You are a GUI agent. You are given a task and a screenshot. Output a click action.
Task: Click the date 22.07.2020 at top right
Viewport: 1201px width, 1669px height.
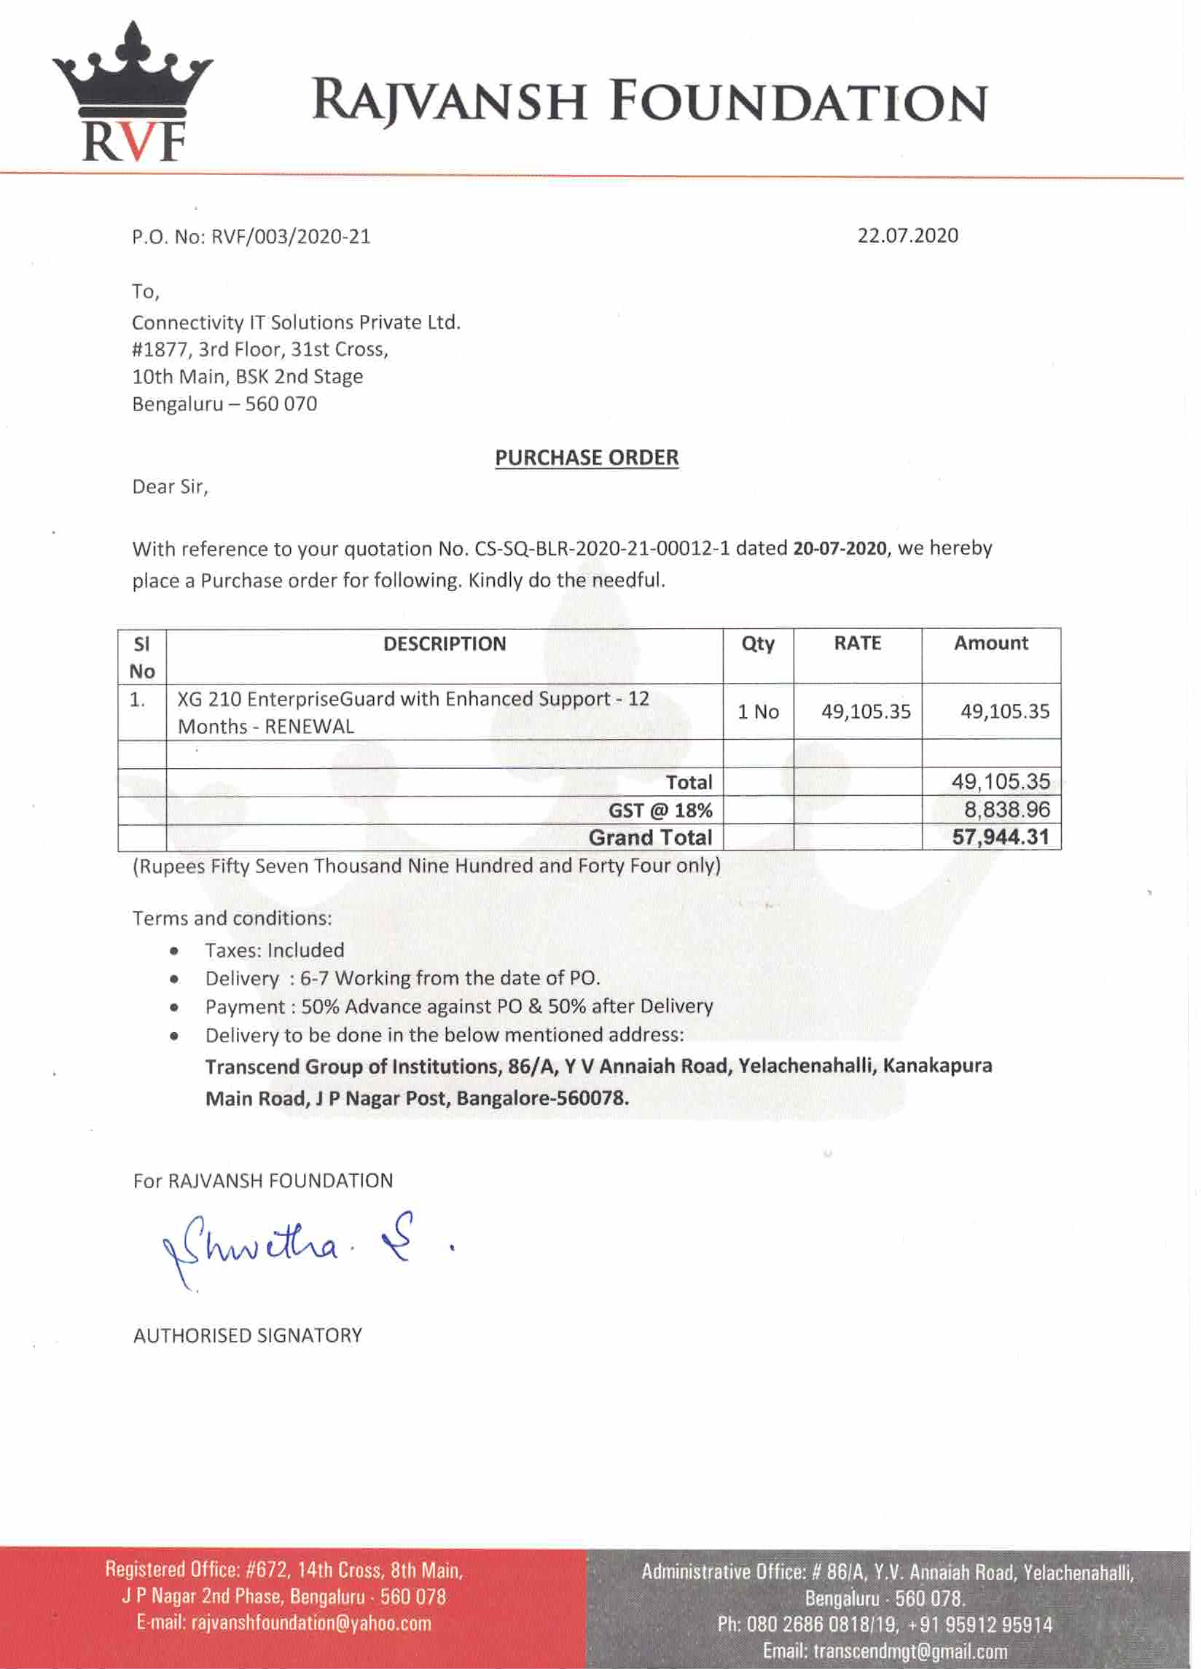click(x=907, y=236)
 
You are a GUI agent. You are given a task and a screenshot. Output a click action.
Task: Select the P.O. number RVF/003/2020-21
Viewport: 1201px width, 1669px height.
click(x=291, y=237)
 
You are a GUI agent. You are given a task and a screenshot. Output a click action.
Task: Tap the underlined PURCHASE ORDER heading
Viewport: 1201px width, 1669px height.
click(x=587, y=458)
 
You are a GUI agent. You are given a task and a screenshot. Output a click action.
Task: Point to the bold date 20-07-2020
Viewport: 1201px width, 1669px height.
click(x=840, y=549)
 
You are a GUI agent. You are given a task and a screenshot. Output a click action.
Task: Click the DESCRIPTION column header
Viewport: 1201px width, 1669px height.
click(x=445, y=644)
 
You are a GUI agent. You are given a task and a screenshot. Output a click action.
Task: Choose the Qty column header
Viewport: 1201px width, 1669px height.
click(x=757, y=644)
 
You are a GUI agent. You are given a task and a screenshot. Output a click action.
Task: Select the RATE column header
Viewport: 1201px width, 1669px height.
click(x=857, y=643)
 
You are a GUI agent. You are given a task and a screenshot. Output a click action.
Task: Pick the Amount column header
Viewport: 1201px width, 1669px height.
click(x=990, y=643)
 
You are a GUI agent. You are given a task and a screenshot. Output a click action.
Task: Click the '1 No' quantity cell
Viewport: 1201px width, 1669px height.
click(x=758, y=711)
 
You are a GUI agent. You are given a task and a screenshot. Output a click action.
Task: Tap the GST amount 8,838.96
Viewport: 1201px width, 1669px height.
click(x=1006, y=810)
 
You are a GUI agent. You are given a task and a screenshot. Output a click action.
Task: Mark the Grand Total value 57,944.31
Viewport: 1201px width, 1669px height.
click(x=1000, y=837)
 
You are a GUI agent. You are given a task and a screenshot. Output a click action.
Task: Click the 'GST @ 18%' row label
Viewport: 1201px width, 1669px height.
click(x=660, y=811)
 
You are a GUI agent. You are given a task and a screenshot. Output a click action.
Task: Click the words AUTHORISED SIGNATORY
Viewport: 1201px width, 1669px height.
click(x=247, y=1336)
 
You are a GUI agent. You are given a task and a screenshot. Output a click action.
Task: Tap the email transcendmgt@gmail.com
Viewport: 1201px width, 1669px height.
click(x=909, y=1652)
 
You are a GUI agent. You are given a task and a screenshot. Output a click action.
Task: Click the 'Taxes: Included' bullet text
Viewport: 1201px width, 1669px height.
click(x=275, y=950)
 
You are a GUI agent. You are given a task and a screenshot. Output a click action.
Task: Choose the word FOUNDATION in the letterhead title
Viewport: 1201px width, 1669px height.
click(x=799, y=102)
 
